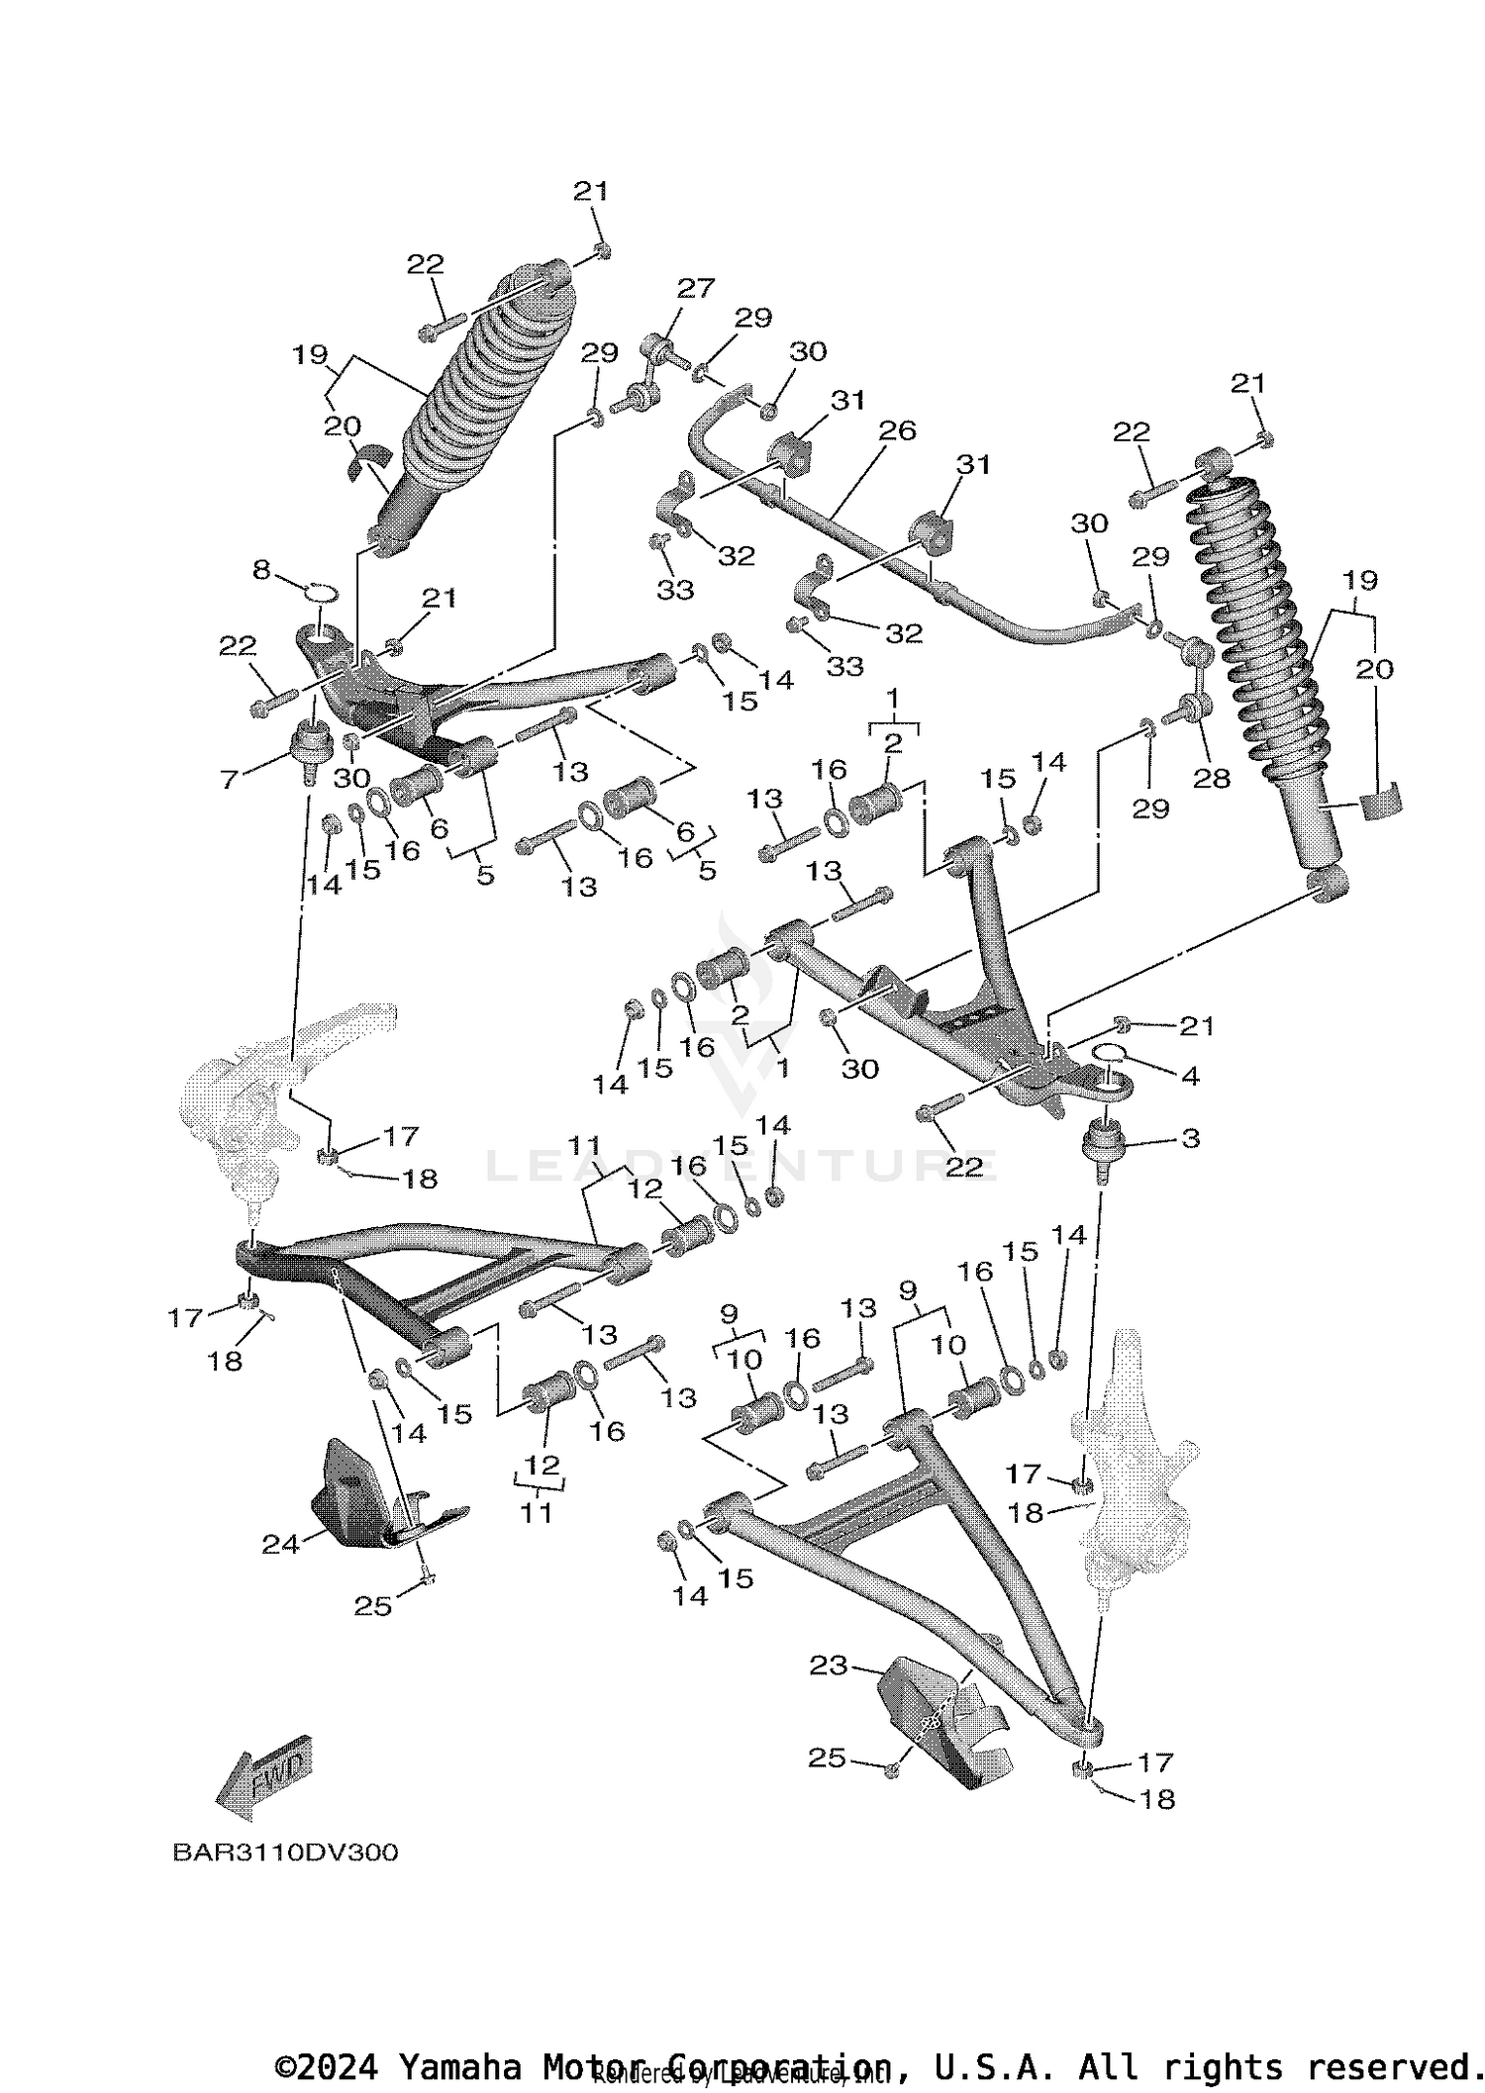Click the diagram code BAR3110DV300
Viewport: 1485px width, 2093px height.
285,1853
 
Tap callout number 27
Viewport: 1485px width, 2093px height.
695,288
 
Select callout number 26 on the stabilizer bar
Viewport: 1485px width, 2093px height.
897,430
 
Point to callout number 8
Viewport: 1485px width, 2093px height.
261,570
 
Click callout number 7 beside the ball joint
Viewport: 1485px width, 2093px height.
229,780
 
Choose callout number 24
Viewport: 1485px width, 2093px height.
280,1544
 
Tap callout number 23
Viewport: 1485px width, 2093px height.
828,1666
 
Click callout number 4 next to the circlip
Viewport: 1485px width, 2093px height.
1190,1075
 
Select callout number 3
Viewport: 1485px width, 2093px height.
1190,1138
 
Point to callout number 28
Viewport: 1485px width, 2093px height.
1211,778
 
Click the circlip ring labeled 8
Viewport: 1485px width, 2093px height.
319,594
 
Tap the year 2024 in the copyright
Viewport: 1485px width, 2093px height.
338,2067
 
